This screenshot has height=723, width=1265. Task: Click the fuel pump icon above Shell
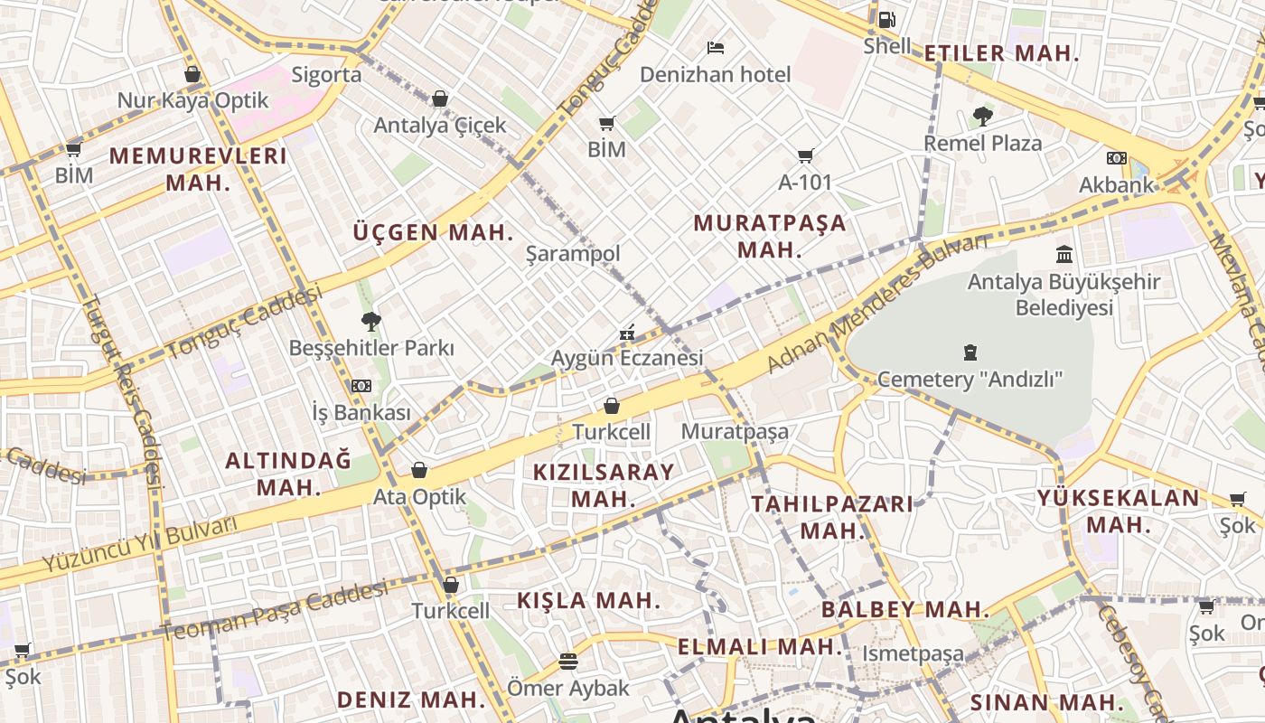coord(886,19)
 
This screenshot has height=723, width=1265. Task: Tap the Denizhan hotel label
coord(715,75)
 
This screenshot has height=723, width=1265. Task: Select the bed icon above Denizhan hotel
coord(716,47)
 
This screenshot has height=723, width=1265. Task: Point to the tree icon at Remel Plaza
coord(983,116)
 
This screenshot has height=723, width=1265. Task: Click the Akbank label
coord(1117,185)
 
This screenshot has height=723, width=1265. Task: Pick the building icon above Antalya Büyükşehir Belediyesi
coord(1064,254)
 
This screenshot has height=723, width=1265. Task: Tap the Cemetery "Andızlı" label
coord(970,379)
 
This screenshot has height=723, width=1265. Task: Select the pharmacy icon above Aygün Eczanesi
coord(627,333)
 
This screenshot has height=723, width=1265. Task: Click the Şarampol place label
coord(573,254)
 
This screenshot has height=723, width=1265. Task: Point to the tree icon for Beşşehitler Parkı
coord(370,321)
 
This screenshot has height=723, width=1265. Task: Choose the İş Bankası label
coord(361,413)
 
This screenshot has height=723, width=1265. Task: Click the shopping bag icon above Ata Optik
coord(419,470)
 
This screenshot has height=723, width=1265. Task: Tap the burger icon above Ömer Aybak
coord(567,662)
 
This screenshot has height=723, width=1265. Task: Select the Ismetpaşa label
coord(913,653)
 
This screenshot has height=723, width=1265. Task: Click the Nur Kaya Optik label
coord(193,100)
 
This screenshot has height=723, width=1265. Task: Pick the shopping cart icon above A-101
coord(805,155)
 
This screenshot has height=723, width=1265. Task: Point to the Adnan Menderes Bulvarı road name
coord(877,302)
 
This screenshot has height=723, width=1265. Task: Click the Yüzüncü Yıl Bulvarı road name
coord(127,545)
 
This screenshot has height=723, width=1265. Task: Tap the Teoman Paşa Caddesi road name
coord(276,611)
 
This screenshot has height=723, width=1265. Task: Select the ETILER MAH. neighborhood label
coord(1001,53)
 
